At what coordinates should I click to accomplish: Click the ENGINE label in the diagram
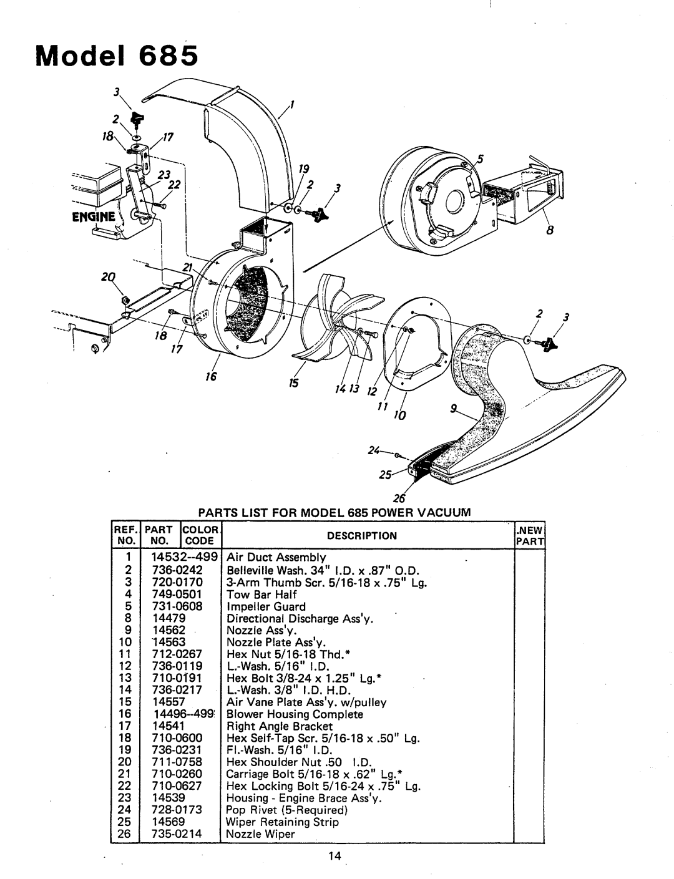tap(94, 217)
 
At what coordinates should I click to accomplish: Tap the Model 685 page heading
tap(117, 56)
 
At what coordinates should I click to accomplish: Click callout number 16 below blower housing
tap(211, 376)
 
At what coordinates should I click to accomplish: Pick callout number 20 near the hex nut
tap(108, 277)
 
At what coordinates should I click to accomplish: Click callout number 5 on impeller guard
tap(480, 158)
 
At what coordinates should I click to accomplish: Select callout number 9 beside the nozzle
tap(454, 409)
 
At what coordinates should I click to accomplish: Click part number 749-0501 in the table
tap(177, 595)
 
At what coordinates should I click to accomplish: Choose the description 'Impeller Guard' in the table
tap(266, 606)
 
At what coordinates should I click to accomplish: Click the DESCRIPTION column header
tap(362, 535)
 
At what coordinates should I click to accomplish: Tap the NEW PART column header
tap(530, 535)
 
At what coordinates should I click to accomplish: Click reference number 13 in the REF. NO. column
tap(125, 678)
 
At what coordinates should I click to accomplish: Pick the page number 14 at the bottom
tap(335, 855)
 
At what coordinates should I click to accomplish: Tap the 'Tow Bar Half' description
tap(261, 595)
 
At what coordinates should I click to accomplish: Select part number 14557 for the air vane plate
tap(168, 702)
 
